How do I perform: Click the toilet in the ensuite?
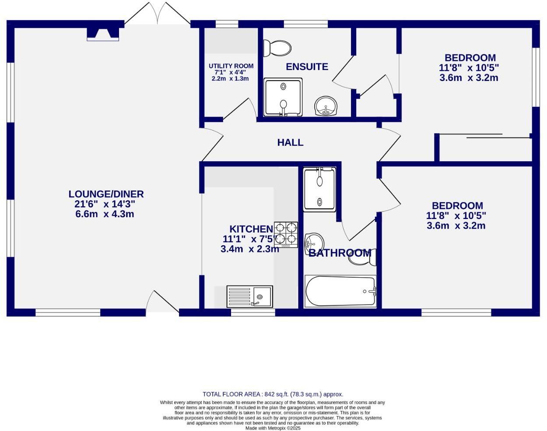(x=277, y=48)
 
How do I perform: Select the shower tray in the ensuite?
(x=283, y=97)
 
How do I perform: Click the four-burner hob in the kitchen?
(x=286, y=233)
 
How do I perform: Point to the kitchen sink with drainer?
(x=249, y=297)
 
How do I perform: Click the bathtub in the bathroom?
(x=340, y=291)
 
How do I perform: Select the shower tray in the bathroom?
(x=319, y=188)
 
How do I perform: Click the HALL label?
(x=290, y=142)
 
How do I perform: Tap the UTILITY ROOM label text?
(x=231, y=66)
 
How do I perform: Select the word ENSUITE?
(x=307, y=67)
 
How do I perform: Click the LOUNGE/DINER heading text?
(x=106, y=194)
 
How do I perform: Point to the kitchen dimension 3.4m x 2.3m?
(x=249, y=249)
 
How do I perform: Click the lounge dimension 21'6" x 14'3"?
(x=105, y=204)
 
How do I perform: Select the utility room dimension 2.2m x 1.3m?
(x=230, y=79)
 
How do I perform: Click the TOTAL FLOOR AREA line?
(x=273, y=394)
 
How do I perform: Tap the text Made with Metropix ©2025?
(x=273, y=428)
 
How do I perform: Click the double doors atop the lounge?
(x=157, y=13)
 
